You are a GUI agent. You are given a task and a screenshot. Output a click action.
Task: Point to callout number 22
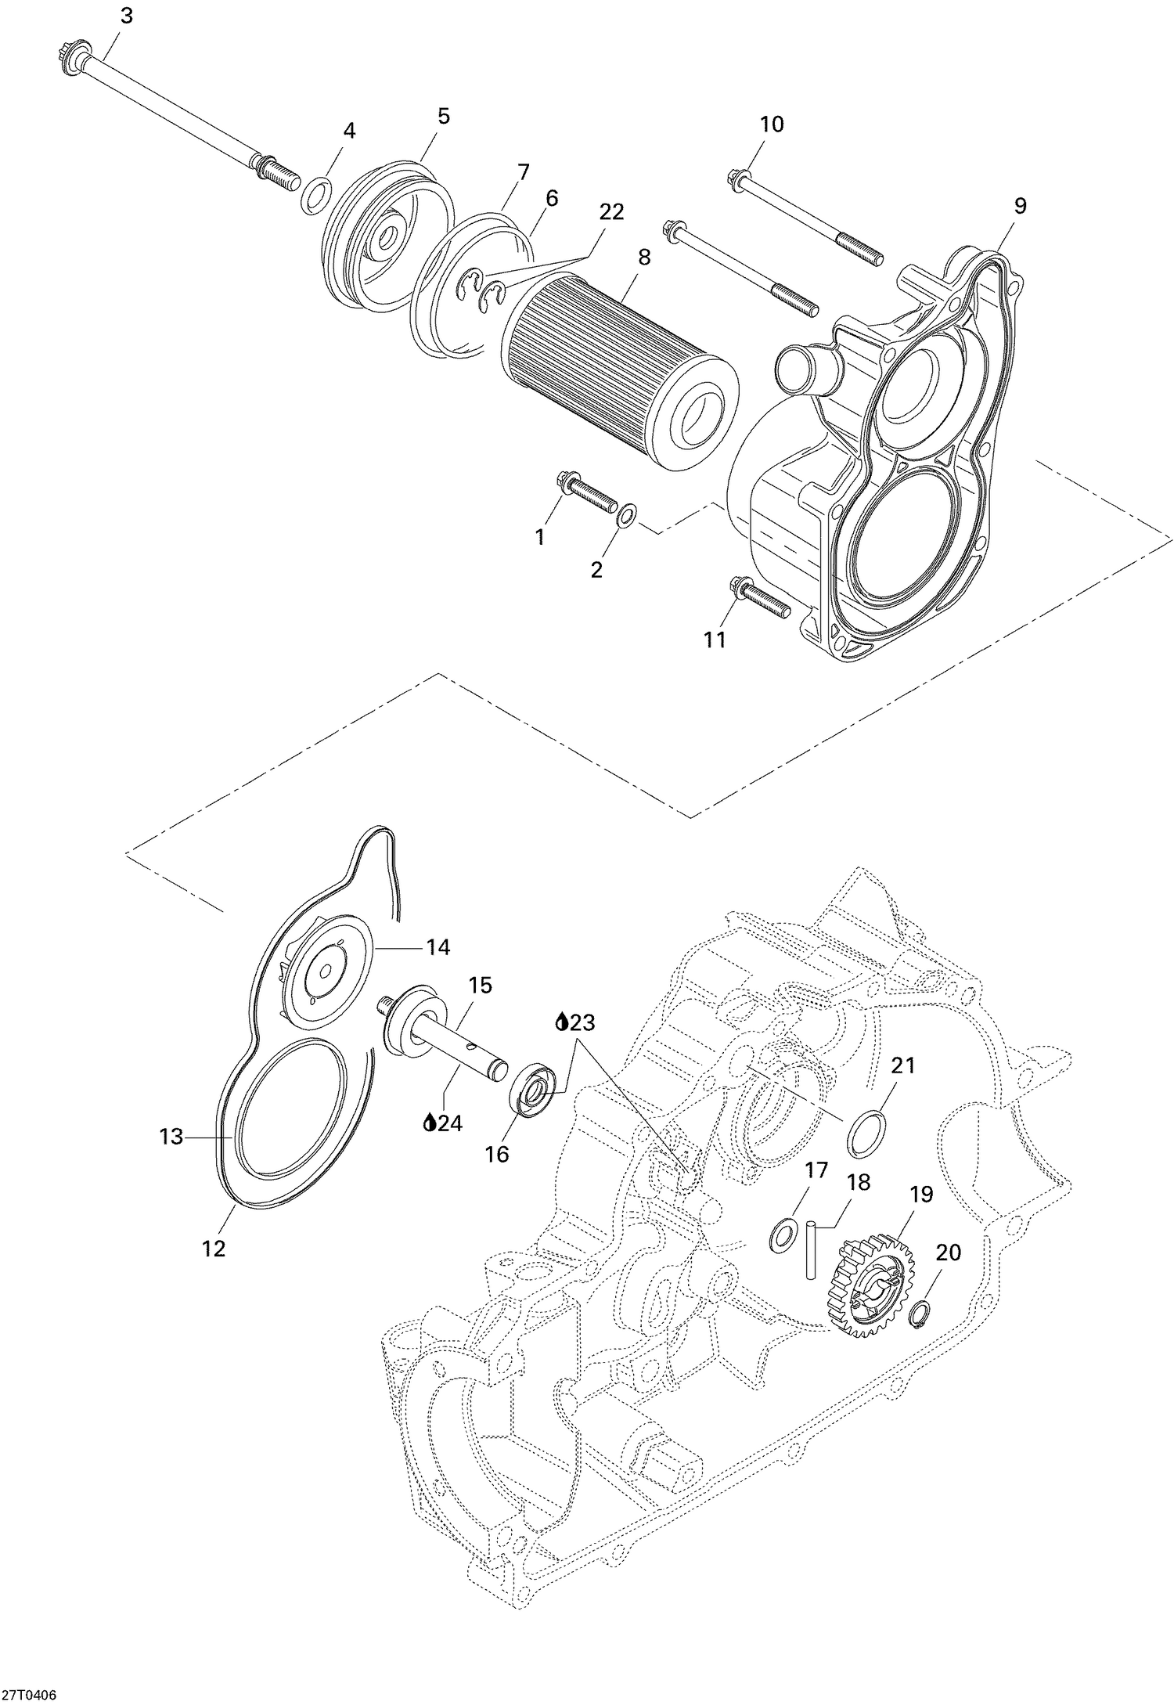(611, 211)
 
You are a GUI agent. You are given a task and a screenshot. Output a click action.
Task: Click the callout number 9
(1020, 205)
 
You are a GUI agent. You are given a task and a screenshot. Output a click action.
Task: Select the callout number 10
(772, 124)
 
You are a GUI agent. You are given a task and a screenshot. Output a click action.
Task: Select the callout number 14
(438, 947)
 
